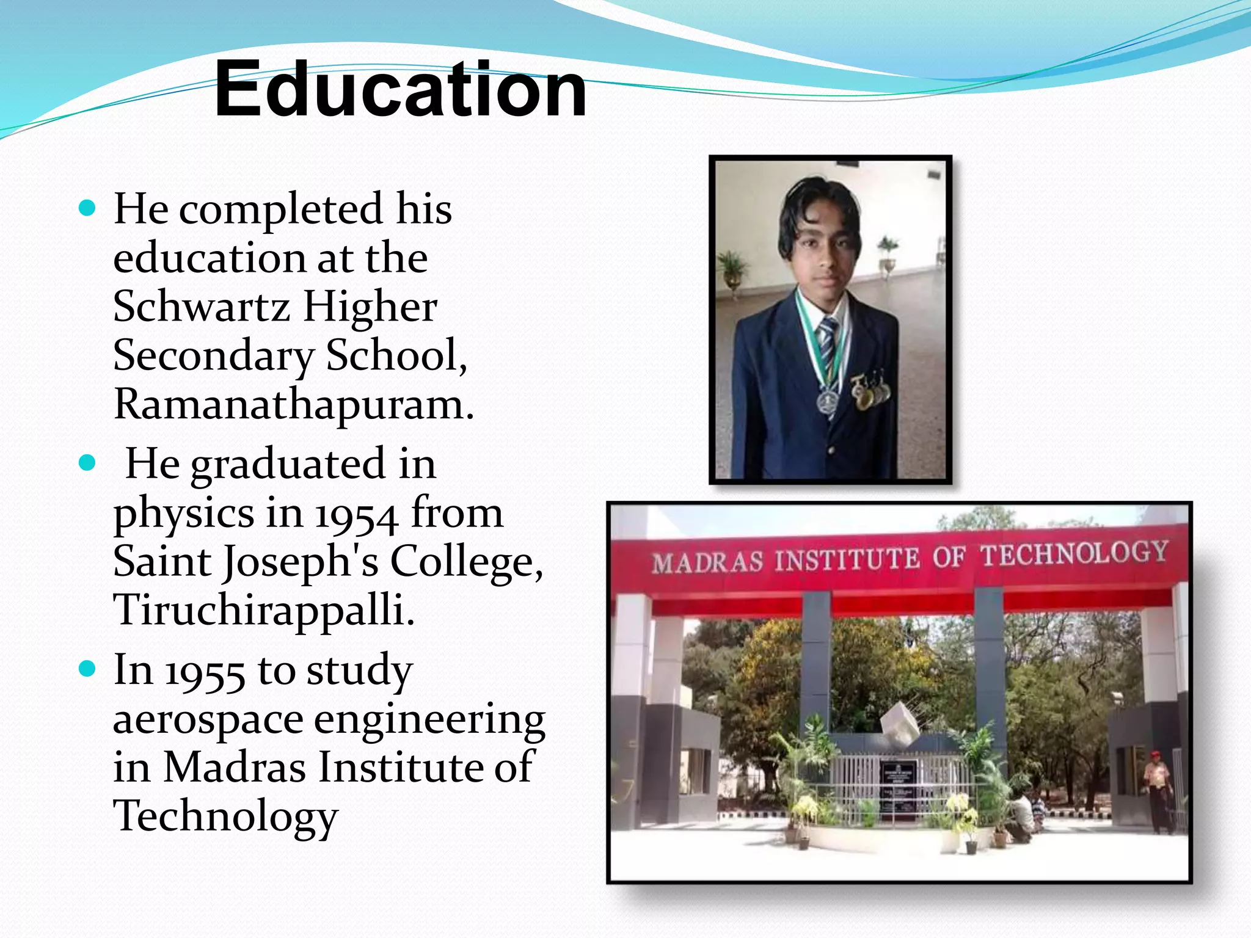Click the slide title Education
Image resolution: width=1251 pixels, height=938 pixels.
click(400, 90)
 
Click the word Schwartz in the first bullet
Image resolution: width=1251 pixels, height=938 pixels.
click(201, 306)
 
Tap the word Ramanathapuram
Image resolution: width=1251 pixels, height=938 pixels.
click(293, 404)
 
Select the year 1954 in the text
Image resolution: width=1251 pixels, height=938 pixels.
click(357, 515)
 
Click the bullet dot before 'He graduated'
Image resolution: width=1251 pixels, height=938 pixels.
click(88, 463)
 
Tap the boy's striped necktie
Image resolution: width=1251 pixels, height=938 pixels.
click(828, 342)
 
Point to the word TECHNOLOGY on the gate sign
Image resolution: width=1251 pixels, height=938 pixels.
click(1075, 553)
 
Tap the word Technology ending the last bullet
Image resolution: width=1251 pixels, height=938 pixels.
click(225, 816)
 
